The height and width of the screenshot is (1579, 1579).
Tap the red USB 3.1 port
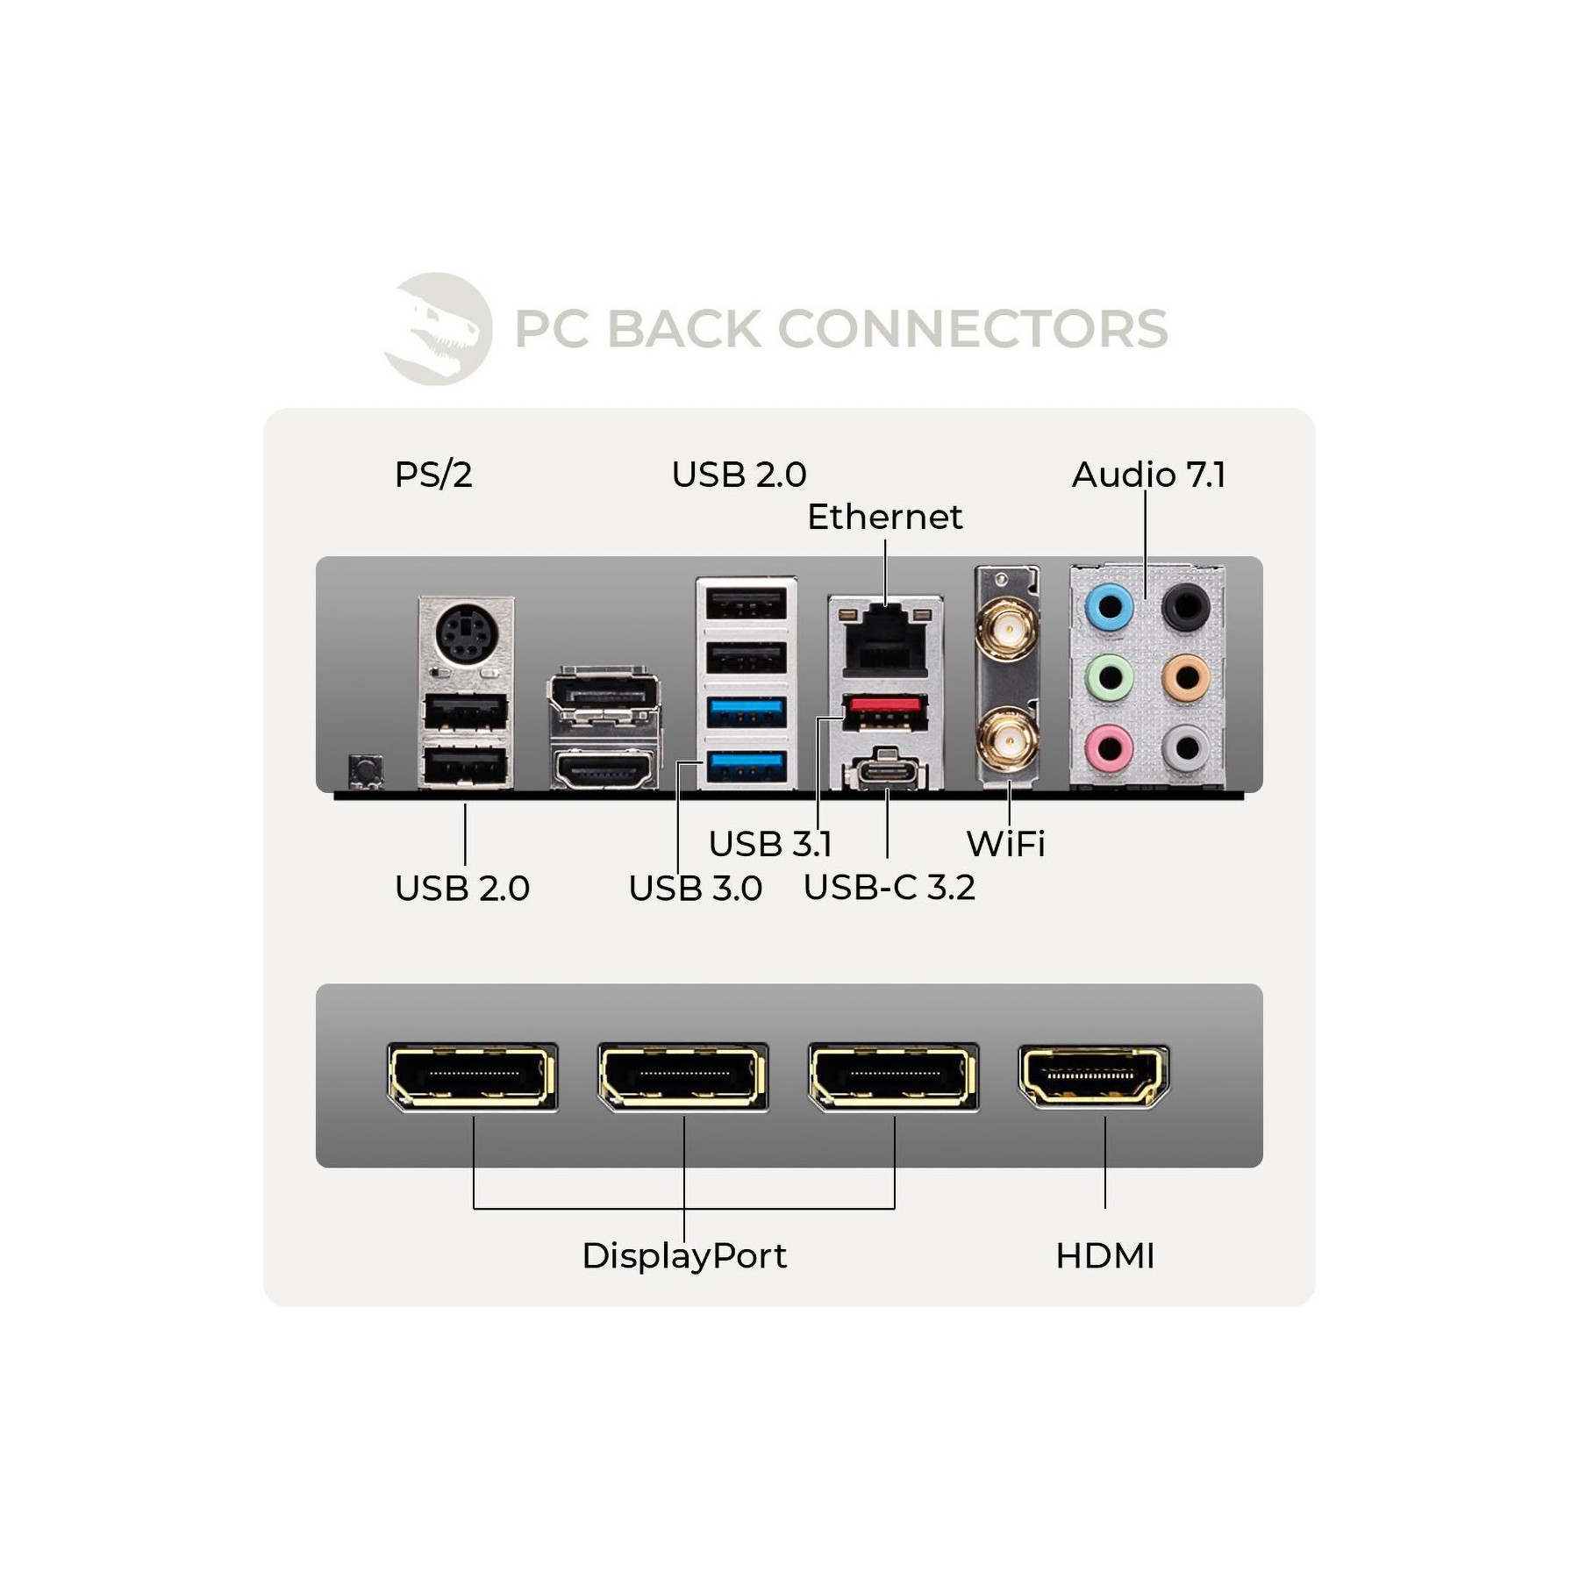pyautogui.click(x=884, y=712)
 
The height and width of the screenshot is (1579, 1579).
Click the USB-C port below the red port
pyautogui.click(x=885, y=773)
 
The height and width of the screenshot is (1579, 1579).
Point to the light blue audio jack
pyautogui.click(x=1110, y=606)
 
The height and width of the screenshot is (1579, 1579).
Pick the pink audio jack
pyautogui.click(x=1110, y=748)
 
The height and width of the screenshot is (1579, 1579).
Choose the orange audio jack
pyautogui.click(x=1186, y=677)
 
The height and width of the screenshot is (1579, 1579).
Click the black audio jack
pyautogui.click(x=1186, y=606)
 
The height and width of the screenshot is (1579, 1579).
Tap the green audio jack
pyautogui.click(x=1110, y=677)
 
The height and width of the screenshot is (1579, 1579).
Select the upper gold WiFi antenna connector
pyautogui.click(x=1008, y=628)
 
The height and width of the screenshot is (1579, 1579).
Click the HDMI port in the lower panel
pyautogui.click(x=1093, y=1076)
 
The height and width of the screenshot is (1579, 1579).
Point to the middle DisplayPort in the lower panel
pyautogui.click(x=682, y=1077)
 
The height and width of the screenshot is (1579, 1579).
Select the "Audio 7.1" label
pyautogui.click(x=1148, y=475)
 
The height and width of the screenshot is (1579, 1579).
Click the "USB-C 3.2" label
pyautogui.click(x=890, y=888)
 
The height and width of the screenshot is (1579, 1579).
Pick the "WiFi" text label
pyautogui.click(x=1005, y=844)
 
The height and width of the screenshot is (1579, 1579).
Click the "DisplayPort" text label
pyautogui.click(x=684, y=1256)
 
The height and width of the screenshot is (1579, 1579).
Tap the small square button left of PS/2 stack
pyautogui.click(x=365, y=771)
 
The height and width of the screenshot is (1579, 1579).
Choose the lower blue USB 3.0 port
pyautogui.click(x=746, y=767)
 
